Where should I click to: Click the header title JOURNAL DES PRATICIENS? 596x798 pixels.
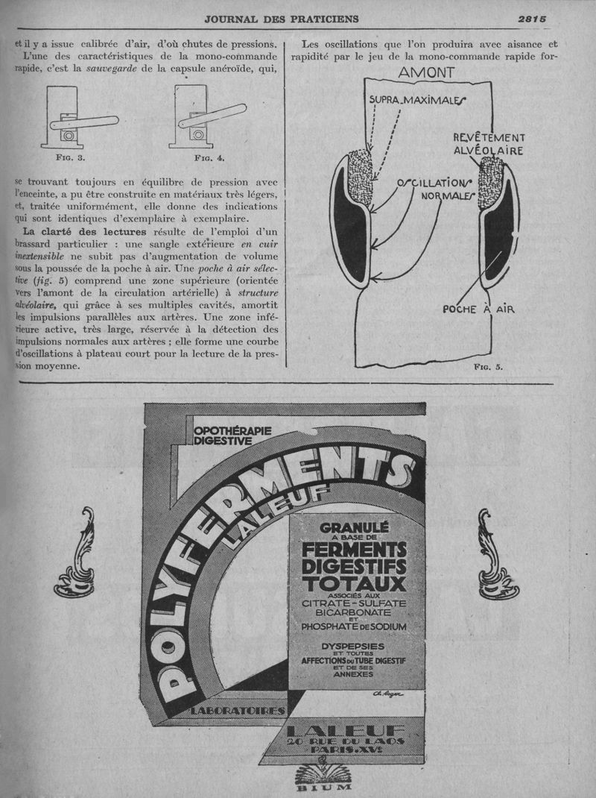click(282, 19)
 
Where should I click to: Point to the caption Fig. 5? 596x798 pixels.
click(488, 368)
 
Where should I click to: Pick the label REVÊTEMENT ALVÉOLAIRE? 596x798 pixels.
click(489, 144)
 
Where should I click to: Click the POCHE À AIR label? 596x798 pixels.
click(479, 309)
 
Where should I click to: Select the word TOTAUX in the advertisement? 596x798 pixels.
click(354, 582)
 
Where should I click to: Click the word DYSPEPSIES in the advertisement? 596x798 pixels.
click(353, 646)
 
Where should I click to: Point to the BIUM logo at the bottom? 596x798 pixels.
click(313, 780)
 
